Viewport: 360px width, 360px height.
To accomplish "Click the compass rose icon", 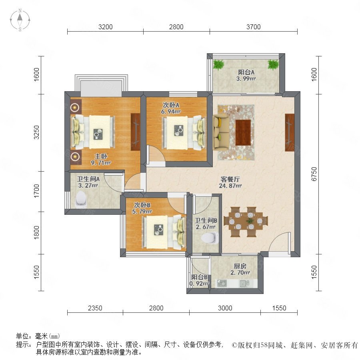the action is pyautogui.click(x=20, y=20).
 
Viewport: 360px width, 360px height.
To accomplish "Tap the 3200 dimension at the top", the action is pyautogui.click(x=105, y=27).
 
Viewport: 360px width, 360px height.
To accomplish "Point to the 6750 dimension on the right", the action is pyautogui.click(x=314, y=174).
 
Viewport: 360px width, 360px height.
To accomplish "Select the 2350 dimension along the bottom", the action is pyautogui.click(x=95, y=308).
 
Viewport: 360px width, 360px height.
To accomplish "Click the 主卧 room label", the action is pyautogui.click(x=101, y=156).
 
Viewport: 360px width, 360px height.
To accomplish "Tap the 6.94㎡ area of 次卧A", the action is pyautogui.click(x=170, y=112).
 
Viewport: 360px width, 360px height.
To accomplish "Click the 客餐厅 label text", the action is pyautogui.click(x=230, y=179).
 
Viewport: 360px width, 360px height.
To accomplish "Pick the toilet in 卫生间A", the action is pyautogui.click(x=81, y=198).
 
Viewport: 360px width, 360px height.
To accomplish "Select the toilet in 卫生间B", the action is pyautogui.click(x=210, y=238).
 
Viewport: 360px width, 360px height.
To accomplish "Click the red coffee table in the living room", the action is pyautogui.click(x=243, y=132).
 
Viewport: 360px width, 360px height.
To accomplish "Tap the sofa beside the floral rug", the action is pyautogui.click(x=221, y=132).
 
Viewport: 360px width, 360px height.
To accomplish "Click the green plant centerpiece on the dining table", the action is pyautogui.click(x=249, y=221).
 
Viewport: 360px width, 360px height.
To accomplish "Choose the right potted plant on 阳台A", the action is pyautogui.click(x=273, y=64).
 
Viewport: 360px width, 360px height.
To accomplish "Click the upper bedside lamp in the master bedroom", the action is pyautogui.click(x=75, y=107).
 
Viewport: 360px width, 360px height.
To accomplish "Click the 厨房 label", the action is pyautogui.click(x=240, y=266).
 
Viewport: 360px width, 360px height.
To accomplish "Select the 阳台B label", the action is pyautogui.click(x=200, y=277).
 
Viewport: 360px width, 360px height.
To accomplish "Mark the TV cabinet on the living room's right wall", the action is pyautogui.click(x=290, y=132).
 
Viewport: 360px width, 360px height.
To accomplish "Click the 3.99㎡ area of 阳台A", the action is pyautogui.click(x=246, y=79).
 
